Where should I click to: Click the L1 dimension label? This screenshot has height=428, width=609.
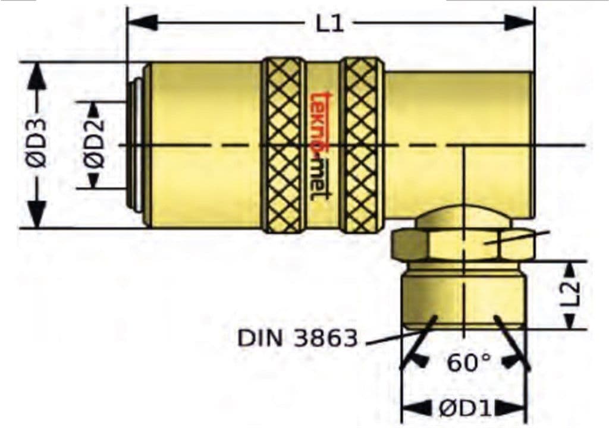pos(329,24)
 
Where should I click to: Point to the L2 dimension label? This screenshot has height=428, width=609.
pos(570,294)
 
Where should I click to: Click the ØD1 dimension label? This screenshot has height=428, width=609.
pos(464,408)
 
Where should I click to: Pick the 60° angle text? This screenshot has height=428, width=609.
pos(469,362)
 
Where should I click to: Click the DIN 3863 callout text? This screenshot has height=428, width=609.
pos(297,338)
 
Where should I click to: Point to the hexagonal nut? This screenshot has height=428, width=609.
pos(463,244)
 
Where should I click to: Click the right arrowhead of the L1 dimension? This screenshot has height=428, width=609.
pos(520,23)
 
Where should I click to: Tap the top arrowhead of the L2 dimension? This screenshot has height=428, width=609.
pos(570,269)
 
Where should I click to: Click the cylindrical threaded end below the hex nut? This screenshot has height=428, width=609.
pos(463,297)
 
